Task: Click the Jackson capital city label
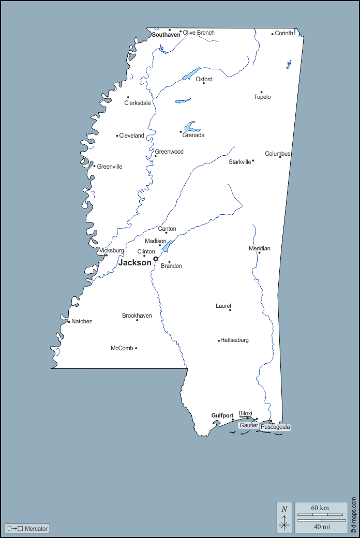coord(135,263)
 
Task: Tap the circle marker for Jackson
coord(156,259)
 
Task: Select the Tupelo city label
coord(262,97)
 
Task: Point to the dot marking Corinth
coord(273,34)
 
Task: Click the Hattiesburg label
coord(235,340)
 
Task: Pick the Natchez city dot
coord(69,322)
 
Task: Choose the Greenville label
coord(110,167)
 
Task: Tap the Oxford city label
coord(204,79)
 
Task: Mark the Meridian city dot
coord(259,252)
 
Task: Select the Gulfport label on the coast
coord(222,415)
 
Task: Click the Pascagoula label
coord(275,427)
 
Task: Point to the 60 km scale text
coord(320,508)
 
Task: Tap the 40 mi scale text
coord(322,527)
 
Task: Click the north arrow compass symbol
coord(284,517)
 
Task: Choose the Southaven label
coord(166,35)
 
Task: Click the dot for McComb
coord(136,348)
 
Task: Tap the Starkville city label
coord(240,162)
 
